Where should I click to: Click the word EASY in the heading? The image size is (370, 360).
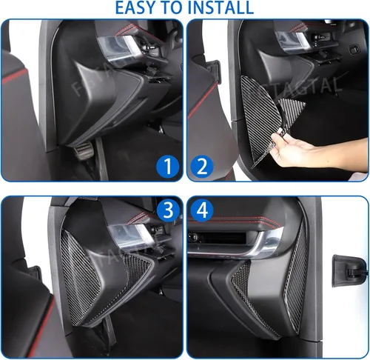[x=136, y=8]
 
